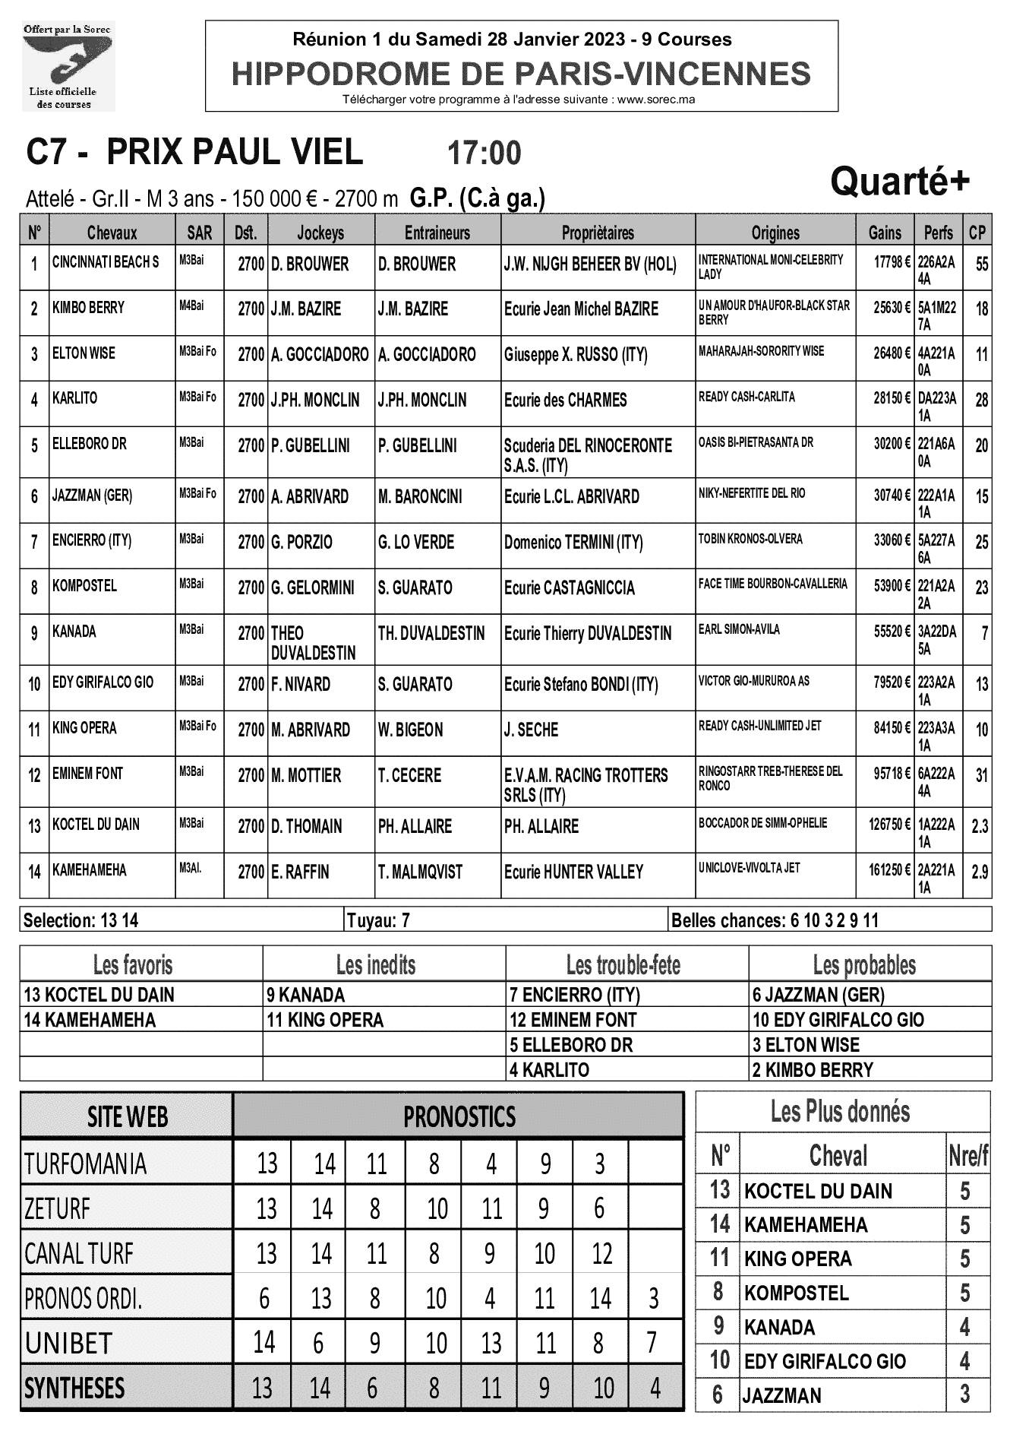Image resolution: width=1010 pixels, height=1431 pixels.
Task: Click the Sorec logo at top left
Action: click(x=68, y=67)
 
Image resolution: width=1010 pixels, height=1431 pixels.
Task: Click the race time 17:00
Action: click(x=484, y=154)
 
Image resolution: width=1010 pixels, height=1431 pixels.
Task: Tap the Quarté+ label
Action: click(x=899, y=182)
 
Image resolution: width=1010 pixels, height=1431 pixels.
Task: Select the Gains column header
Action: click(x=885, y=233)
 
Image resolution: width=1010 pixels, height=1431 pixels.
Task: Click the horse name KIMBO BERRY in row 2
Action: click(x=88, y=308)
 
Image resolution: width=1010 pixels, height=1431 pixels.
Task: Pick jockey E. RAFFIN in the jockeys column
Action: click(x=300, y=872)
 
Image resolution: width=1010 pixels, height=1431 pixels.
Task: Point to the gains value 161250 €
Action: click(x=889, y=869)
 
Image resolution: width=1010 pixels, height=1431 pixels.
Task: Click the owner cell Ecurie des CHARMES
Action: click(x=565, y=400)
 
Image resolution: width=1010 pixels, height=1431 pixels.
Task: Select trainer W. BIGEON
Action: click(x=410, y=730)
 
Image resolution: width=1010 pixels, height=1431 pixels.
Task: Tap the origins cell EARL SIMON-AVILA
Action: click(x=739, y=629)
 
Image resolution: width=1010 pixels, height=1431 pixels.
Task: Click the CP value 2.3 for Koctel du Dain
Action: click(x=980, y=825)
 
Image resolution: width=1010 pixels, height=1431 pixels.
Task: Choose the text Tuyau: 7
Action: click(x=378, y=920)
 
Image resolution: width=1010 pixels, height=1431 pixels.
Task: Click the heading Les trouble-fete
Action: click(x=623, y=965)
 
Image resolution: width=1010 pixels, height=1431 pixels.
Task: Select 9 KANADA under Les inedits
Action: click(x=305, y=995)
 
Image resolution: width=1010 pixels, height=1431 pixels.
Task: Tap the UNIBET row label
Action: click(x=68, y=1343)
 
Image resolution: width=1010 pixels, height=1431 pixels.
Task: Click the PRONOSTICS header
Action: click(x=459, y=1116)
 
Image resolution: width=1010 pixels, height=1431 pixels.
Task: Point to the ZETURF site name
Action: click(x=58, y=1208)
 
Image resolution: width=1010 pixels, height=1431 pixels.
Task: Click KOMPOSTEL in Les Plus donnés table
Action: click(x=796, y=1293)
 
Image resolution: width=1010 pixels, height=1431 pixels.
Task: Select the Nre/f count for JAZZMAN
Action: click(x=964, y=1395)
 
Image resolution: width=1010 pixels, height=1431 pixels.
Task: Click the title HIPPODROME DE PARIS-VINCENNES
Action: click(x=521, y=74)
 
